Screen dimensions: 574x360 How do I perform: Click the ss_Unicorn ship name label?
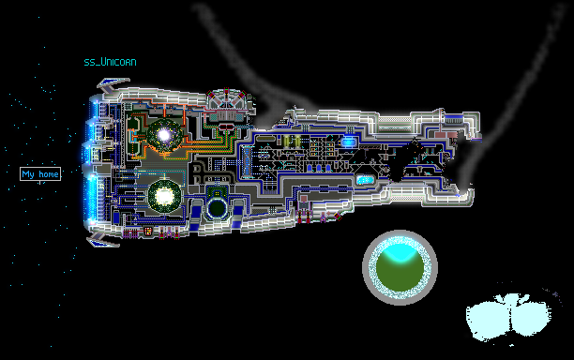point(110,62)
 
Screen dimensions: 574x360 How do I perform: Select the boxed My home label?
point(40,174)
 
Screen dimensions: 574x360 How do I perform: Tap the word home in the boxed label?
point(49,174)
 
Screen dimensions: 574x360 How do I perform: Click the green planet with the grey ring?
point(400,267)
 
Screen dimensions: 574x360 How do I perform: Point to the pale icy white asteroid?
point(508,317)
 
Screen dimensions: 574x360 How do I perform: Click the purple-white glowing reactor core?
point(164,135)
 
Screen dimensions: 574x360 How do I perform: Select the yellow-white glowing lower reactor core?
point(164,197)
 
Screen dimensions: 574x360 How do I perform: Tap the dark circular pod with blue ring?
point(217,208)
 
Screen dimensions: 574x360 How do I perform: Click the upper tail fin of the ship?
point(112,85)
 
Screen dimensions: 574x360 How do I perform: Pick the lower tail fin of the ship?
point(102,240)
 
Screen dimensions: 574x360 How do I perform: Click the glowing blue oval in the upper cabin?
point(348,142)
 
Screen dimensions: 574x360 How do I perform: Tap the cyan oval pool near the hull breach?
point(365,180)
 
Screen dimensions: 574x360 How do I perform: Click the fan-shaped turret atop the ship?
point(227,98)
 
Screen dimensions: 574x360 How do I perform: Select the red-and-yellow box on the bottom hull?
point(148,232)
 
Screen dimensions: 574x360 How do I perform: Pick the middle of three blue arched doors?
point(319,168)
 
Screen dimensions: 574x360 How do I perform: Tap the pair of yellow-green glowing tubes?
point(292,142)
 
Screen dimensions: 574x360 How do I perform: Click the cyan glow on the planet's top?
point(400,251)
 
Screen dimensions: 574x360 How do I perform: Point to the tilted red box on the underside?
point(338,217)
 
